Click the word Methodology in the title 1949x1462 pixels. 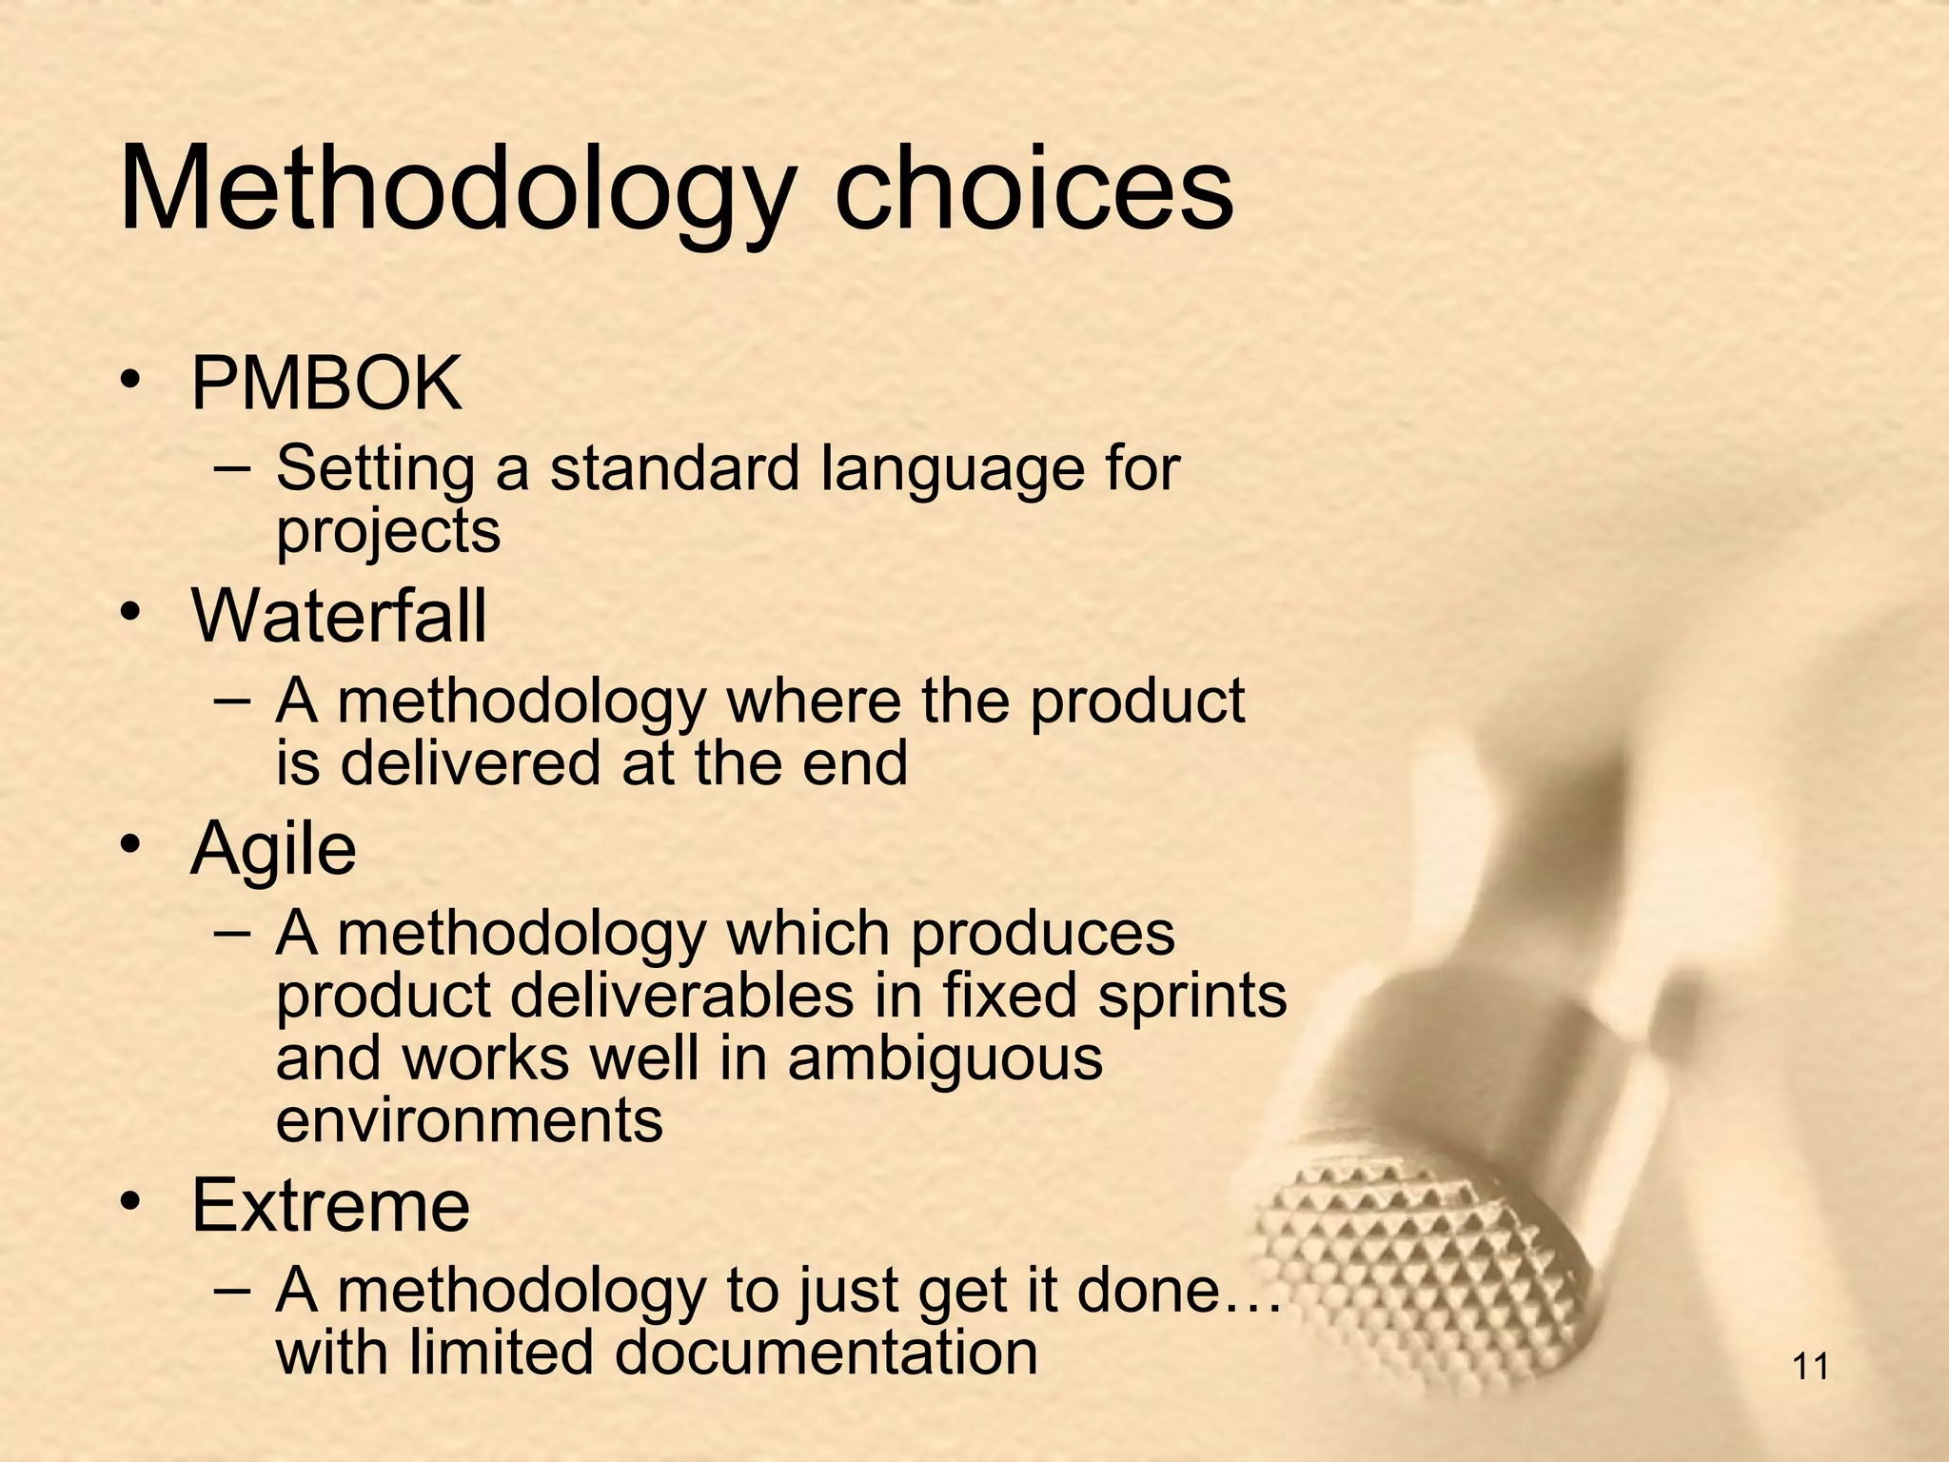point(455,190)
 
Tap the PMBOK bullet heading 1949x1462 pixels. point(326,383)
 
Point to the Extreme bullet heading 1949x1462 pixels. point(330,1205)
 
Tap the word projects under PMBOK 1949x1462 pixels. point(387,531)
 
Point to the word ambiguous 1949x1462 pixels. point(945,1058)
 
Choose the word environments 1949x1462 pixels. point(469,1119)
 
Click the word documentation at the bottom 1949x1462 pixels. point(825,1352)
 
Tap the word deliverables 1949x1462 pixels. point(682,996)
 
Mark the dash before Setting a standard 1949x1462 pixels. point(233,468)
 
